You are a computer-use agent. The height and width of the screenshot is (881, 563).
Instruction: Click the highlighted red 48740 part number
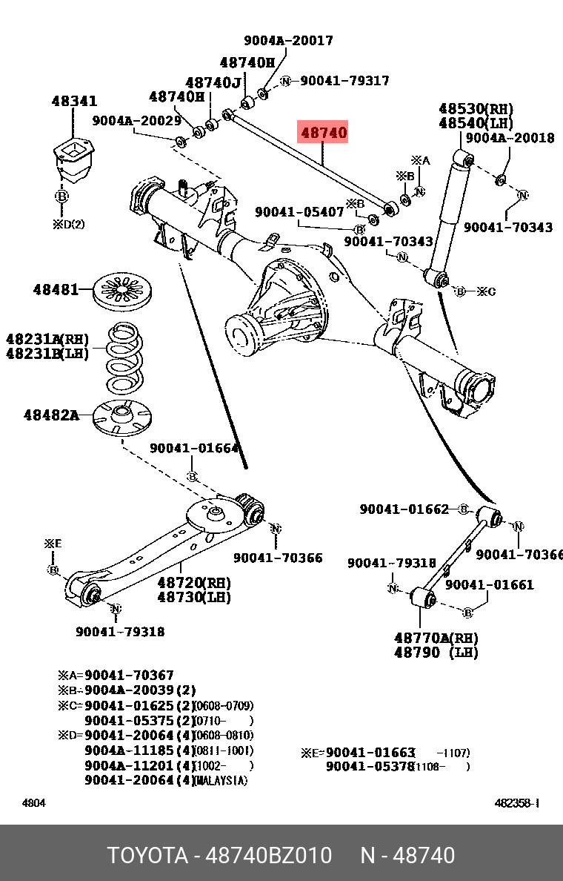322,133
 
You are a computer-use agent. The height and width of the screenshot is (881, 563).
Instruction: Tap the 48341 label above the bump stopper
74,101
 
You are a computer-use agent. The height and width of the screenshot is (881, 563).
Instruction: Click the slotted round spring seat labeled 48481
122,291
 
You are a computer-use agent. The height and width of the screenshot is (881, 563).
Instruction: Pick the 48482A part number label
51,415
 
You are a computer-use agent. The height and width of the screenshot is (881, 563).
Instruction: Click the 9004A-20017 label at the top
288,41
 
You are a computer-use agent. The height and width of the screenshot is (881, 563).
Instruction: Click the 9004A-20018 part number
510,138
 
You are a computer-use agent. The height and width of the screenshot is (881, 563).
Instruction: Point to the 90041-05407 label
299,212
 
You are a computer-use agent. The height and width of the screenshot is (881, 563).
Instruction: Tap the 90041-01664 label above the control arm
194,448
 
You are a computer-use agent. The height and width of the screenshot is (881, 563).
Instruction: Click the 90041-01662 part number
404,509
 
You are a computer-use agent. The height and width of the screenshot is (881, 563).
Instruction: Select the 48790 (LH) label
436,653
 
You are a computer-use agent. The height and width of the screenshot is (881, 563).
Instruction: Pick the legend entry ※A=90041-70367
116,676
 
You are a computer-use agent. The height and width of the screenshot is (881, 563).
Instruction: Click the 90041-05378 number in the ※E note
370,766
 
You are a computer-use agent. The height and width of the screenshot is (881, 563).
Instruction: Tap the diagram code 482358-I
516,803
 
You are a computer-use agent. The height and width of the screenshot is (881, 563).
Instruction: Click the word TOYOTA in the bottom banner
147,855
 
